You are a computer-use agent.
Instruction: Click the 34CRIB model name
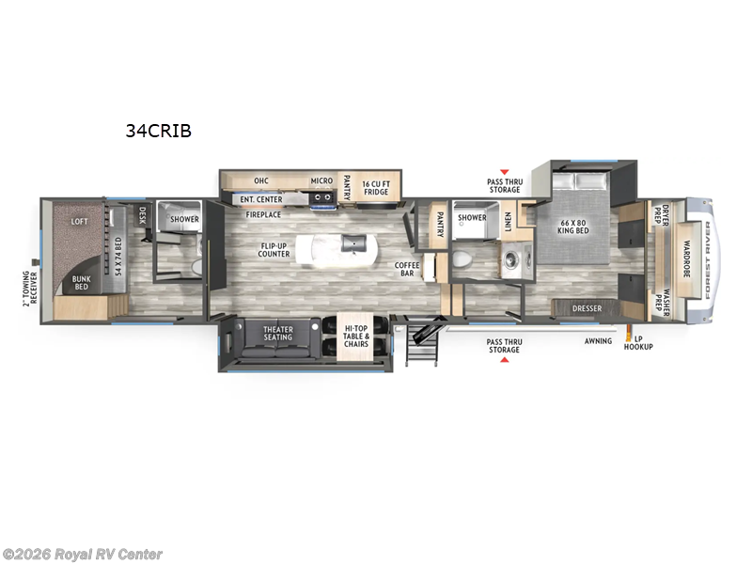159,132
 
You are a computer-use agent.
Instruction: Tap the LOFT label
80,222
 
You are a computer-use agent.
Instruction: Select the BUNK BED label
82,281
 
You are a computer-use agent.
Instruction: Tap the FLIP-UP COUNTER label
274,250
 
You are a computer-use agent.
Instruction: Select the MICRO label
322,180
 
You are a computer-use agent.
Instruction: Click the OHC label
262,180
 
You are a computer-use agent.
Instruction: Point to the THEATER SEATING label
277,333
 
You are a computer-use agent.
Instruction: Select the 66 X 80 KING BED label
573,231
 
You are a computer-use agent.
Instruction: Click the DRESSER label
587,306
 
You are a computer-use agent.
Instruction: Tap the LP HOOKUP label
644,342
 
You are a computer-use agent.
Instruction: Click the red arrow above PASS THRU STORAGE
504,173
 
